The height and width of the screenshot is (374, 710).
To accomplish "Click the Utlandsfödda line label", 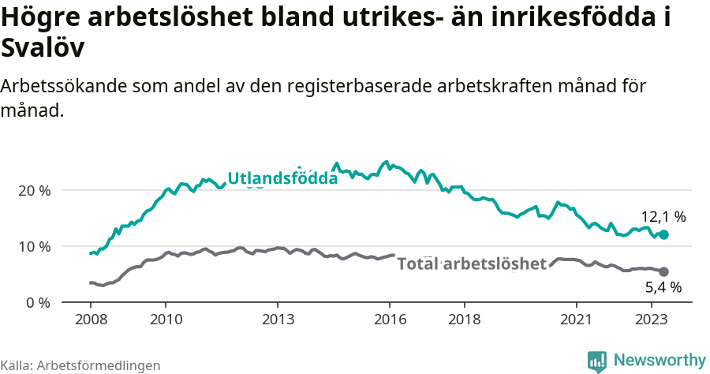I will (282, 179).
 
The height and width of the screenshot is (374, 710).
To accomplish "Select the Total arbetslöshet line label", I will (471, 264).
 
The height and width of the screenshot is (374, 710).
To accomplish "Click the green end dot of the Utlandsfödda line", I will (664, 235).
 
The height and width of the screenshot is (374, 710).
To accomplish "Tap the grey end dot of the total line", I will (664, 271).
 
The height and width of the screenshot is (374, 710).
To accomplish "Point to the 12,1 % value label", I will (663, 216).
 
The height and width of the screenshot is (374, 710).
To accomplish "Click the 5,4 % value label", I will (663, 288).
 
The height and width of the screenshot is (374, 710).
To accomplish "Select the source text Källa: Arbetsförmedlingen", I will (80, 365).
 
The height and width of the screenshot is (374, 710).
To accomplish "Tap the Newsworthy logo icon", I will (597, 361).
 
